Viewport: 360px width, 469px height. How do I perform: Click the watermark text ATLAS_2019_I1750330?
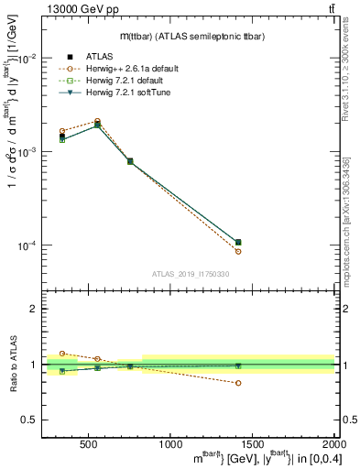click(x=190, y=273)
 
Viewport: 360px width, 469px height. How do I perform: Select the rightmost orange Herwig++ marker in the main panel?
click(x=238, y=251)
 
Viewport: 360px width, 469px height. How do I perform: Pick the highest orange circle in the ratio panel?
click(x=62, y=353)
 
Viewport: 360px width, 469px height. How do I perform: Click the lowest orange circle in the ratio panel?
click(x=238, y=383)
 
